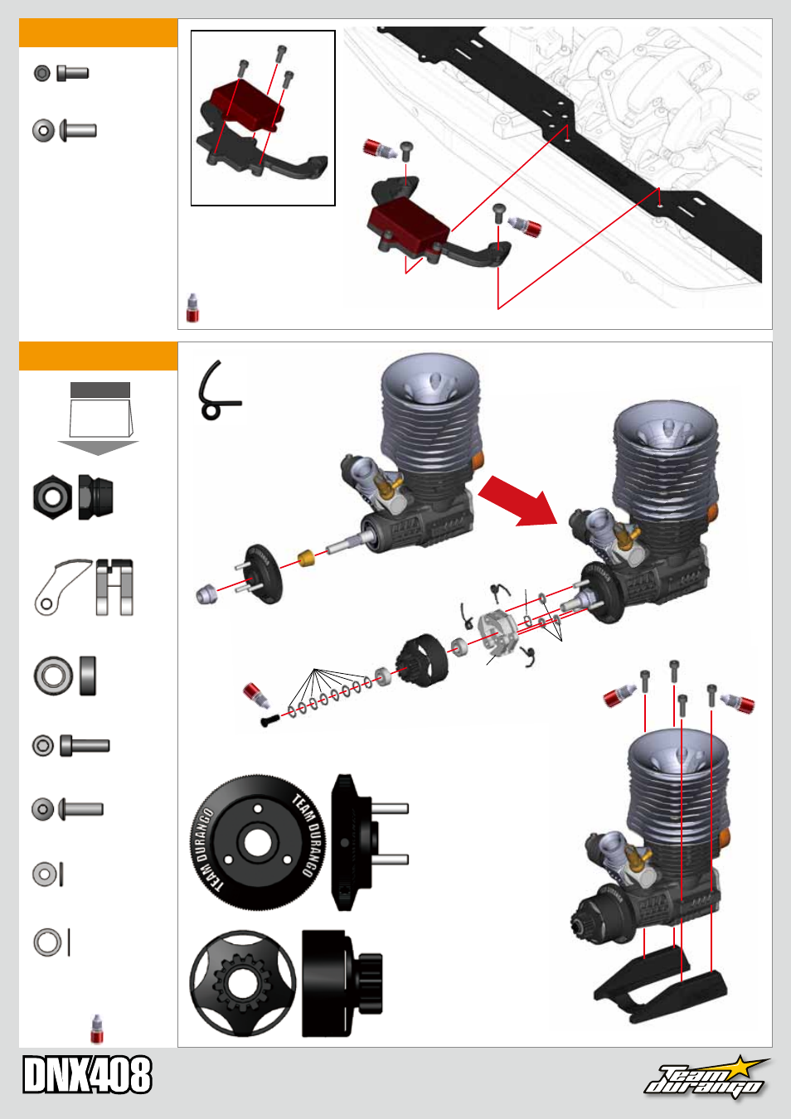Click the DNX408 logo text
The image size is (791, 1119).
pos(87,1075)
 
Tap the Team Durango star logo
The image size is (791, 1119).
pos(707,1077)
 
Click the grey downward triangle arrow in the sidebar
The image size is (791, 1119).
pos(98,448)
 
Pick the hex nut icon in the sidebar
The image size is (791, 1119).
pos(52,497)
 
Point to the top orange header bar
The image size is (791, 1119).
pos(98,33)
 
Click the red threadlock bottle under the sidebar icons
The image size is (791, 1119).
pos(97,1029)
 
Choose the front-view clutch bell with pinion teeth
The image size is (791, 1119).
pos(242,983)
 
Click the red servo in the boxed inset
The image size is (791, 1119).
pos(247,104)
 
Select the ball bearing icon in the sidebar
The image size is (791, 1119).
pos(52,675)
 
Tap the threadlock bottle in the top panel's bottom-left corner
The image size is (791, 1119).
pos(193,308)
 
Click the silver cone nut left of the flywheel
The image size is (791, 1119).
pos(206,593)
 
